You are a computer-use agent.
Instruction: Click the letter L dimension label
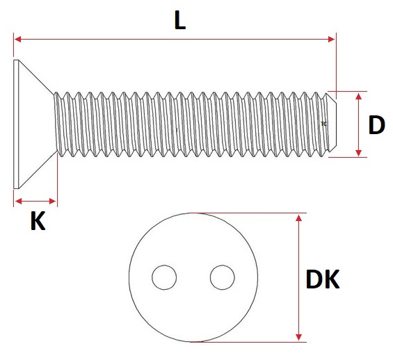(x=180, y=21)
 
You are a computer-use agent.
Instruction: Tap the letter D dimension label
(x=377, y=125)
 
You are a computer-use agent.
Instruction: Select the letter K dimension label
(x=38, y=220)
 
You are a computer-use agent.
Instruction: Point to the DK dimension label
(x=323, y=279)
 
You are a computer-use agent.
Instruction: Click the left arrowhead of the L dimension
(x=17, y=40)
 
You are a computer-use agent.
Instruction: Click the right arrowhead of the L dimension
(x=331, y=40)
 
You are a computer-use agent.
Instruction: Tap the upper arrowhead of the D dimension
(x=359, y=97)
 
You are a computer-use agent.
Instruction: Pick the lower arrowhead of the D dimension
(x=359, y=152)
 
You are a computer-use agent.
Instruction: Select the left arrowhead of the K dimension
(x=19, y=201)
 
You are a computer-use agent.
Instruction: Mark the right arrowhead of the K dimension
(x=53, y=201)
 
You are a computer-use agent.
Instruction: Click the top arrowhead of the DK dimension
(x=298, y=218)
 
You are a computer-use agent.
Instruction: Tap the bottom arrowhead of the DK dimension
(x=298, y=337)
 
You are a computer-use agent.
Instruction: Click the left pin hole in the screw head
(x=164, y=277)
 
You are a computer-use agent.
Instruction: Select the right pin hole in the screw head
(x=223, y=277)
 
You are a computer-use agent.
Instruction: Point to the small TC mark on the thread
(x=323, y=124)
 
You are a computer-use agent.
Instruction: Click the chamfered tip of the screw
(x=332, y=124)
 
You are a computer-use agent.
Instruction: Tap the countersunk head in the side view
(x=33, y=124)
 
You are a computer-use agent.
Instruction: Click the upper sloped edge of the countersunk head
(x=37, y=77)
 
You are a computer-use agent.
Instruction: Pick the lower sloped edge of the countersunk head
(x=37, y=171)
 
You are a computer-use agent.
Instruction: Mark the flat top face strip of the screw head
(x=16, y=124)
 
